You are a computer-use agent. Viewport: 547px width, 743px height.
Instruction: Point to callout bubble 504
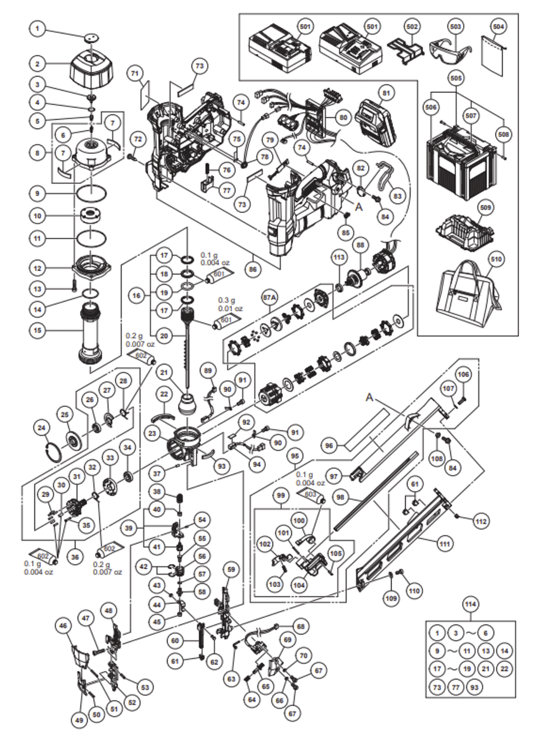[498, 26]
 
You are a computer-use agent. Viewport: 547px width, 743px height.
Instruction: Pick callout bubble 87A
[270, 297]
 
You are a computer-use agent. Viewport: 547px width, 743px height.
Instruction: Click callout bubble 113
[339, 257]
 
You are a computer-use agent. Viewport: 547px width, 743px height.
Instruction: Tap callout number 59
[231, 570]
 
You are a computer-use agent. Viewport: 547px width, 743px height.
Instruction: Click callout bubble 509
[485, 208]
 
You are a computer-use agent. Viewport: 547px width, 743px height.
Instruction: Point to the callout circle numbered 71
[136, 72]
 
